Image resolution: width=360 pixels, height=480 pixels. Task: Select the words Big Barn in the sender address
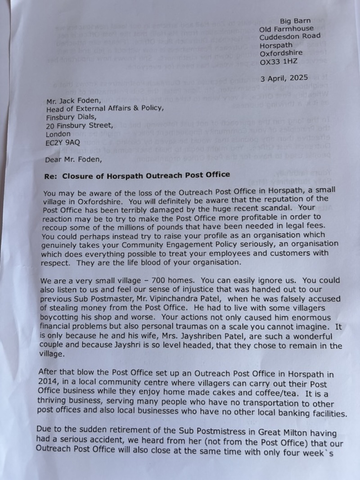pos(295,21)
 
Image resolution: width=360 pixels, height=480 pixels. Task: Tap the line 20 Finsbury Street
pos(77,126)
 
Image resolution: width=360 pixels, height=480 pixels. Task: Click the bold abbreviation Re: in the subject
pos(51,175)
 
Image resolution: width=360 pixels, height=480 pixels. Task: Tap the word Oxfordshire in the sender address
pos(281,54)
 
